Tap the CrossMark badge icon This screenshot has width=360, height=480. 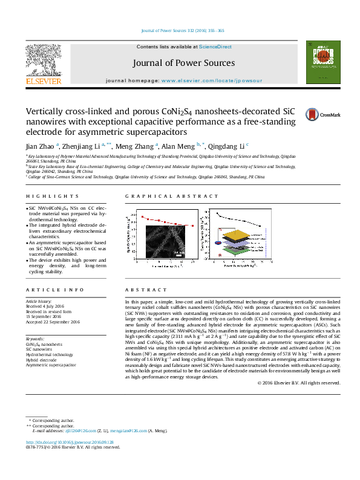(315, 114)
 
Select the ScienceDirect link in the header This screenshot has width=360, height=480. (215, 47)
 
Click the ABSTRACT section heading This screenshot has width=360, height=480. (140, 290)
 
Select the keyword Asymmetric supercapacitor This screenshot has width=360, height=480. (51, 365)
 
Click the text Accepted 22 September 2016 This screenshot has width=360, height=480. (53, 322)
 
